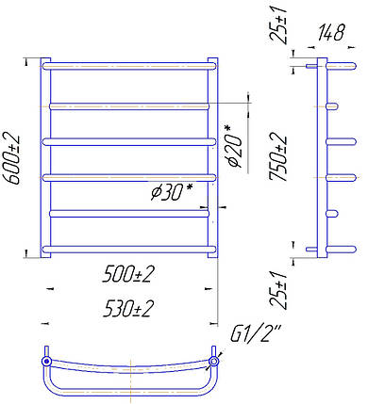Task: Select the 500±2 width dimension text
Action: (128, 274)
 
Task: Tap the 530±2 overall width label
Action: (128, 309)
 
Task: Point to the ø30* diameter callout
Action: (171, 191)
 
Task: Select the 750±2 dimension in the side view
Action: (277, 156)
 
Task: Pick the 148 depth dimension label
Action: (331, 32)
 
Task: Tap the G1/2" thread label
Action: (256, 334)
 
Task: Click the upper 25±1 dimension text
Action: (278, 23)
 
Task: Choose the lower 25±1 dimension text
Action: (278, 290)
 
